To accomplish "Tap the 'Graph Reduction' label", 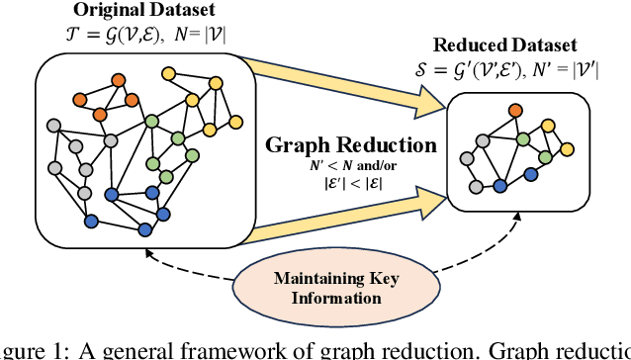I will [x=351, y=145].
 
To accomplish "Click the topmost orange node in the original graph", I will [x=119, y=78].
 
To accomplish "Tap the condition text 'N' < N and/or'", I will [x=352, y=164].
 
